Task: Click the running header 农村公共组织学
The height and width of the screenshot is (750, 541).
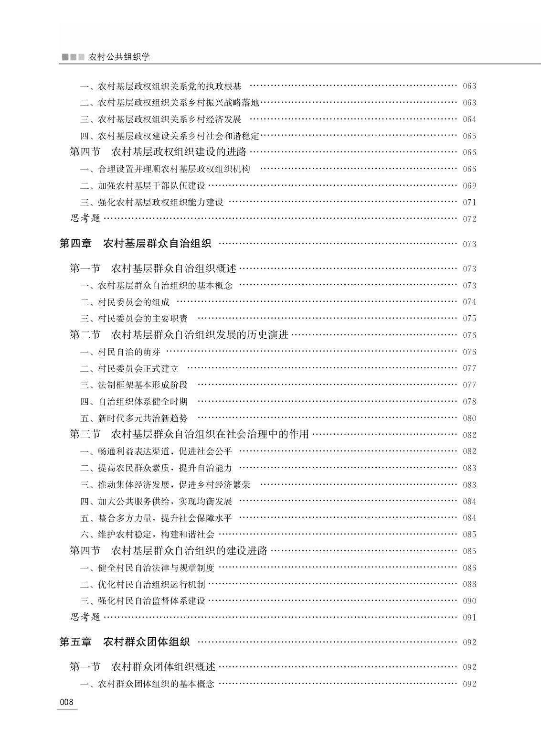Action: click(119, 57)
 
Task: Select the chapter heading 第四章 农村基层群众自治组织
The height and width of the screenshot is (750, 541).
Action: click(135, 244)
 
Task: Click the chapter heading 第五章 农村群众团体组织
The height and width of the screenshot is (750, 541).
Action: click(125, 642)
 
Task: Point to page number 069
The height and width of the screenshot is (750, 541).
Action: click(469, 186)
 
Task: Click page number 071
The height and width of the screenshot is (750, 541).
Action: click(469, 203)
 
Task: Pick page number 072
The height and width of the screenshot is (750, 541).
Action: click(469, 219)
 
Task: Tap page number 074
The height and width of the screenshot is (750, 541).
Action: click(469, 302)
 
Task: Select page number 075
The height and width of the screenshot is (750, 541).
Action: click(469, 319)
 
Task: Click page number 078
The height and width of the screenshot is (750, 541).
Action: click(469, 402)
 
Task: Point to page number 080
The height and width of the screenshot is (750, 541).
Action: click(469, 418)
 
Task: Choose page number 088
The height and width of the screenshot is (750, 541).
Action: click(469, 584)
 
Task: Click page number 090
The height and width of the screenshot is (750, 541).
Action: click(469, 601)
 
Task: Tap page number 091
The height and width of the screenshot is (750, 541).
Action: click(469, 618)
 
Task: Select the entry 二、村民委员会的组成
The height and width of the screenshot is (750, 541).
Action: click(125, 302)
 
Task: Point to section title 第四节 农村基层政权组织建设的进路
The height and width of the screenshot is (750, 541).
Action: click(158, 152)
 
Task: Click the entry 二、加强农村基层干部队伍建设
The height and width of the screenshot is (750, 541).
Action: click(143, 186)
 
